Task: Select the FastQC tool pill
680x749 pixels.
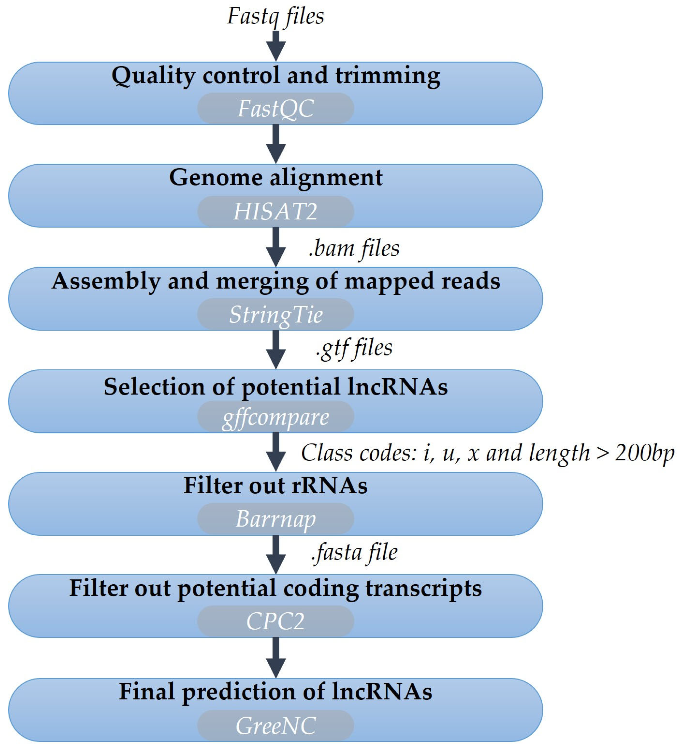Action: pos(275,109)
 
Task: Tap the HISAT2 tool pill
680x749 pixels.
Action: pos(275,212)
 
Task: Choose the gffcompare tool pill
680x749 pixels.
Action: pos(275,417)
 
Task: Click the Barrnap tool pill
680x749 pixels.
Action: pos(275,519)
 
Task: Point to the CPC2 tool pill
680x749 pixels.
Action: pos(275,621)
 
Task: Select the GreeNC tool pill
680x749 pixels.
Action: pos(275,726)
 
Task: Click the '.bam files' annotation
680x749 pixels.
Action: pos(354,249)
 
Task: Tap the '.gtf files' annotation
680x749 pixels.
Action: pos(354,349)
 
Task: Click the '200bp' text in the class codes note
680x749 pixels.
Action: pos(644,453)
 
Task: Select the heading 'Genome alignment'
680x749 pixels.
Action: pos(276,177)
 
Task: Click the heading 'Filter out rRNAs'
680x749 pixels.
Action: pos(275,486)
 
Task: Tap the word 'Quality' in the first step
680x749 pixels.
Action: pos(153,76)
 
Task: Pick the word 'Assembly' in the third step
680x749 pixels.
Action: pos(106,281)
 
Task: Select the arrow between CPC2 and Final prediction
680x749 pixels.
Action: pos(276,657)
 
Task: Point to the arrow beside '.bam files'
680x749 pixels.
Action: pos(276,247)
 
